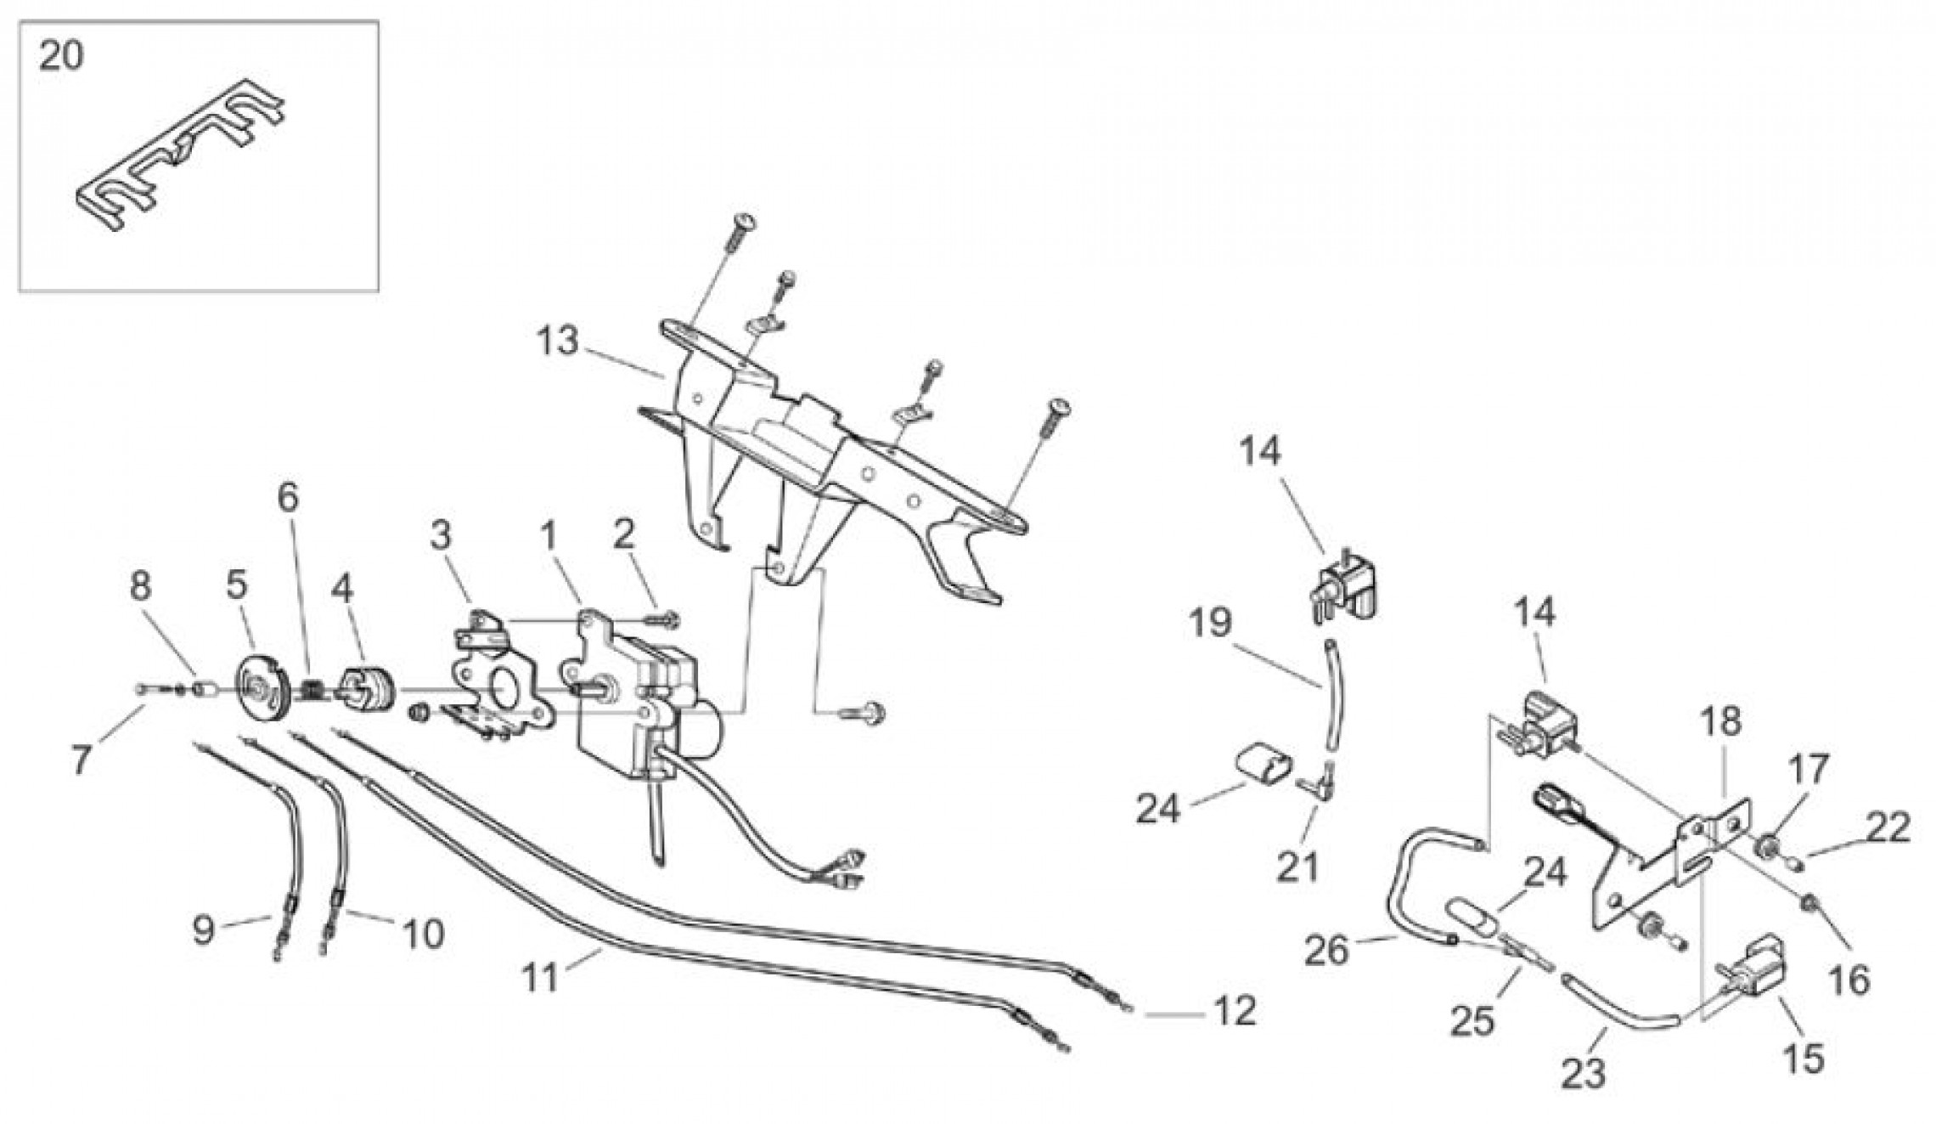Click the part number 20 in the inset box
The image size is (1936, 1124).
[62, 57]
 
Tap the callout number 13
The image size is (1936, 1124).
[557, 342]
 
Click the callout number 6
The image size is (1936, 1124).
[289, 498]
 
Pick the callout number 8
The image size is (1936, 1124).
[141, 585]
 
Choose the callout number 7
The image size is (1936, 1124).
[82, 760]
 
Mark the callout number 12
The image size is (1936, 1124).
[1234, 1012]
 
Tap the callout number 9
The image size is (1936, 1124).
[203, 931]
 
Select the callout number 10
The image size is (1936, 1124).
[422, 935]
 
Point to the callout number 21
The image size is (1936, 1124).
[1298, 867]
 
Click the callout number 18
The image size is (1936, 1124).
[1720, 722]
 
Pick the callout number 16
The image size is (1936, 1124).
[1849, 980]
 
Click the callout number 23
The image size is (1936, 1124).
[1584, 1074]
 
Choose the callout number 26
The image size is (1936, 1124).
[1327, 951]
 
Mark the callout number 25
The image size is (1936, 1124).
[1472, 1021]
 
